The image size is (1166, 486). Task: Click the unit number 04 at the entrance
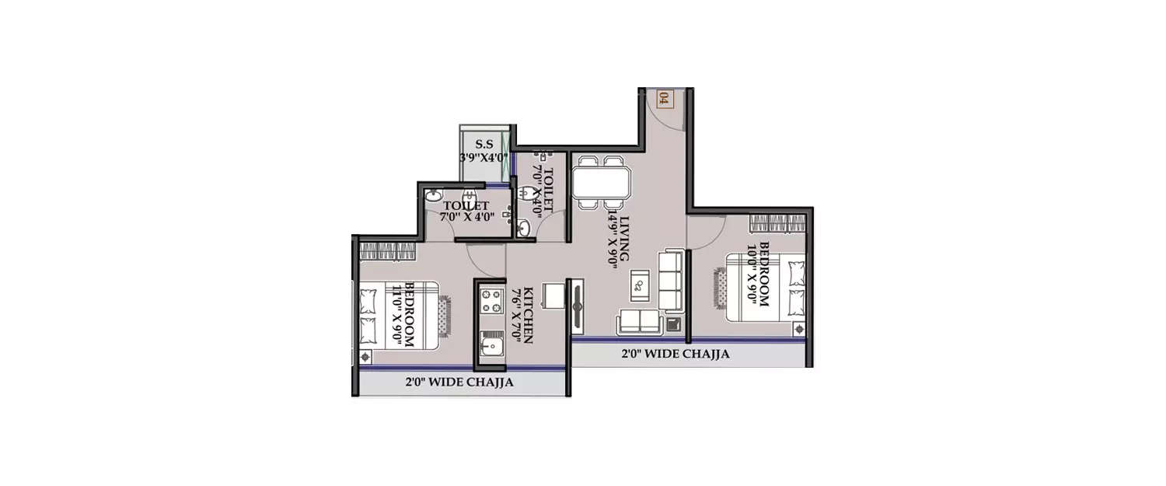tap(663, 99)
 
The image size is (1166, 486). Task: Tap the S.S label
tap(484, 144)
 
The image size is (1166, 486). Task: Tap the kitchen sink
tap(491, 346)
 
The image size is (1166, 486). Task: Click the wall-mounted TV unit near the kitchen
tap(578, 308)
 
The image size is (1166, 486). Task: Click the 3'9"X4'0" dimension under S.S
tap(483, 157)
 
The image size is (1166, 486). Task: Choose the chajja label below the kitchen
tap(459, 383)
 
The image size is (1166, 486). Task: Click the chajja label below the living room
tap(675, 355)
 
